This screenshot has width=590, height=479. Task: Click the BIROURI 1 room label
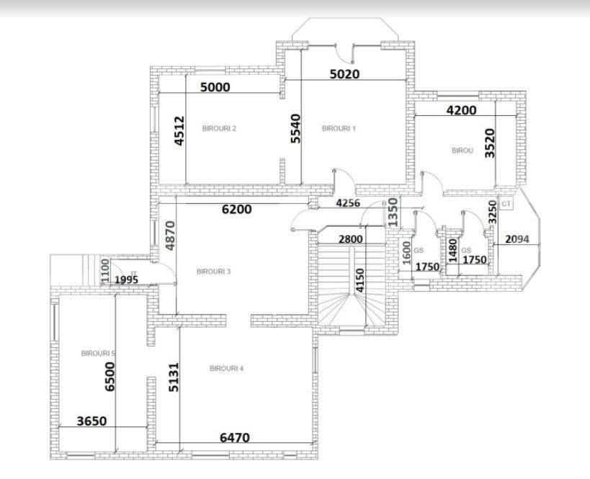339,128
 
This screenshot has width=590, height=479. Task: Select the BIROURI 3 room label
213,272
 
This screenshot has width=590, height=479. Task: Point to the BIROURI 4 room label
226,368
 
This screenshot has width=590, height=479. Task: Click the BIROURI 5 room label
99,354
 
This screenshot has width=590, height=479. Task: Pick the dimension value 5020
344,73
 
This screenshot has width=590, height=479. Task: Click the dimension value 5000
215,87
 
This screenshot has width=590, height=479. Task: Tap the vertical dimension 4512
179,131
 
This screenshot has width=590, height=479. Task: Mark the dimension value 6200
236,210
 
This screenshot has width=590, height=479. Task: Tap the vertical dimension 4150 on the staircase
359,280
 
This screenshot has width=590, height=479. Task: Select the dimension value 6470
235,437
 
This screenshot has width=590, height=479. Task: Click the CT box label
506,204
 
